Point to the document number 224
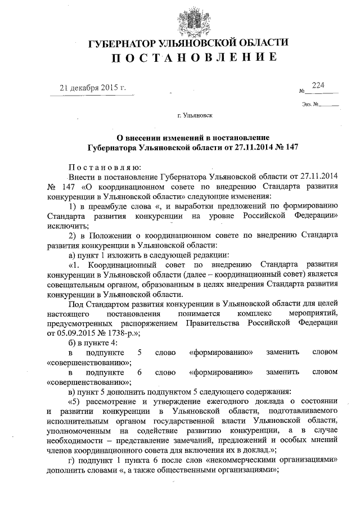point(318,85)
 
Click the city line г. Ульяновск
point(195,117)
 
